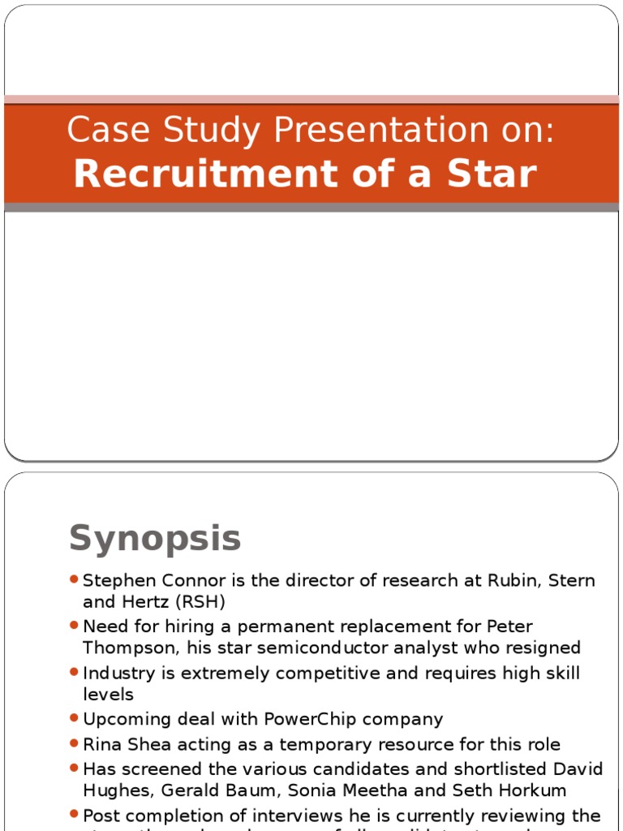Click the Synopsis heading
155,538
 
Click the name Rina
101,744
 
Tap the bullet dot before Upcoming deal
74,717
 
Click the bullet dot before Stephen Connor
74,579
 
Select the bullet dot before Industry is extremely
74,672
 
